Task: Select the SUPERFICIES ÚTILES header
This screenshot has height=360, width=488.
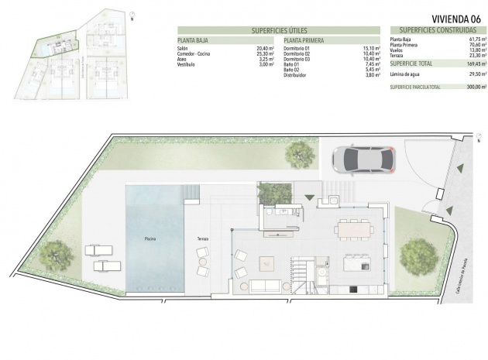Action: [280, 30]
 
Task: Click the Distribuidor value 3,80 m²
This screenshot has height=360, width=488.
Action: [371, 75]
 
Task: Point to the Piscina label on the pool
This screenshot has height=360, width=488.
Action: [151, 238]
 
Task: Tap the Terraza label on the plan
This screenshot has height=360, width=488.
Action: [204, 238]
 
